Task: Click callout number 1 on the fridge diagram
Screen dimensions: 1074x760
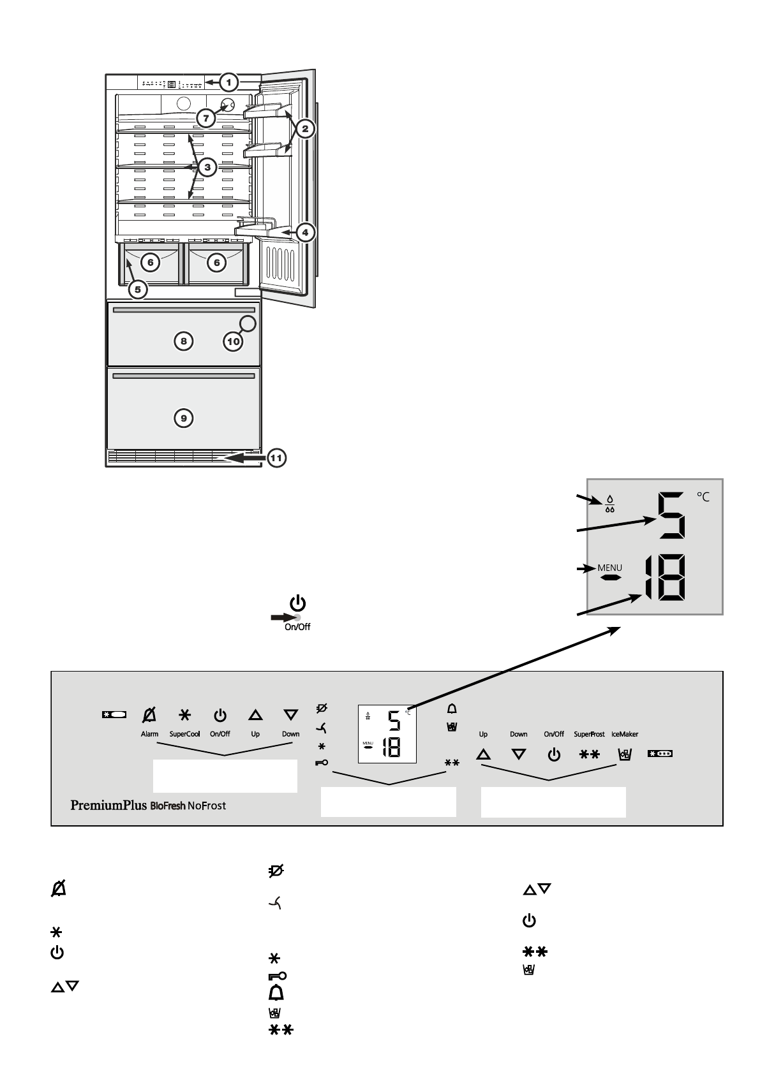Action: [229, 82]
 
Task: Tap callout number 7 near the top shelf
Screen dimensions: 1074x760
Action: [205, 118]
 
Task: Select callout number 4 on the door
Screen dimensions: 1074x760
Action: [305, 233]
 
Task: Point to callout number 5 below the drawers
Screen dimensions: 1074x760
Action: [138, 290]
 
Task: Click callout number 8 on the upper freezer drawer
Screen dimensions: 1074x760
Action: [183, 342]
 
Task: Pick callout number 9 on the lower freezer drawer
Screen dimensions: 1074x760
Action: [183, 418]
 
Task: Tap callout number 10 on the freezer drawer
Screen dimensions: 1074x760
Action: [233, 342]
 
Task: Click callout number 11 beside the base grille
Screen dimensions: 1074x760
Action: [276, 458]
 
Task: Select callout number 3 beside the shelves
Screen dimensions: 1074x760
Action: [206, 168]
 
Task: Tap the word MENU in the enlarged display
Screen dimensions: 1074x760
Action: [609, 568]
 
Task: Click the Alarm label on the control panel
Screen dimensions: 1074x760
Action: [149, 734]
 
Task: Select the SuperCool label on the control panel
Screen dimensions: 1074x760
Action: [184, 734]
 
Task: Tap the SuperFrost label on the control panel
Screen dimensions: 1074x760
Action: [589, 735]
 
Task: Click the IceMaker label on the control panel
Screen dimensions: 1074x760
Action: [625, 735]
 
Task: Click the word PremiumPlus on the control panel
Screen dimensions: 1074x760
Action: [108, 805]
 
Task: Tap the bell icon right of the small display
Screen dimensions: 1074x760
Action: [452, 709]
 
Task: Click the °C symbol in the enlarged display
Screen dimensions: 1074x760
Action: [702, 497]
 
